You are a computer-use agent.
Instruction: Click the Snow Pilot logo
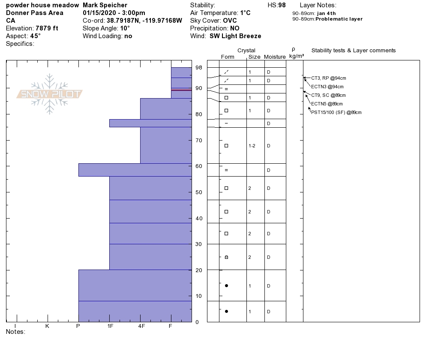[50, 94]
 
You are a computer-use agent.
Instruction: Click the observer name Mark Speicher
[105, 5]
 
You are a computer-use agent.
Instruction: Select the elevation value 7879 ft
[47, 28]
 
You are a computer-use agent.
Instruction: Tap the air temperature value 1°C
[245, 13]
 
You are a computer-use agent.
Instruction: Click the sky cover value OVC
[229, 21]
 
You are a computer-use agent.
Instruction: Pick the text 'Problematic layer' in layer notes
[339, 19]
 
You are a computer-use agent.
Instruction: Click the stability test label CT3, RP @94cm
[328, 78]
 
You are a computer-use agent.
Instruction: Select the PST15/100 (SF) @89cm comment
[336, 112]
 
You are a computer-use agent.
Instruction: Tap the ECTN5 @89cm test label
[327, 104]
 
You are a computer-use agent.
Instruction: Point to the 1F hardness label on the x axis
[110, 326]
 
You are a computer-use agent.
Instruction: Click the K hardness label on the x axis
[47, 326]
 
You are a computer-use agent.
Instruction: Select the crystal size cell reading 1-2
[252, 146]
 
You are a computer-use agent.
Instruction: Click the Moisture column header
[275, 57]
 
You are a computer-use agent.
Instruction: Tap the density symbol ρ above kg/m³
[293, 49]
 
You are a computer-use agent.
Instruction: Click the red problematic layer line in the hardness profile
[181, 90]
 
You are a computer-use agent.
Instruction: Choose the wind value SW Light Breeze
[235, 36]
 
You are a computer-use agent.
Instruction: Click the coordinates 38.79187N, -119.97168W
[144, 21]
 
